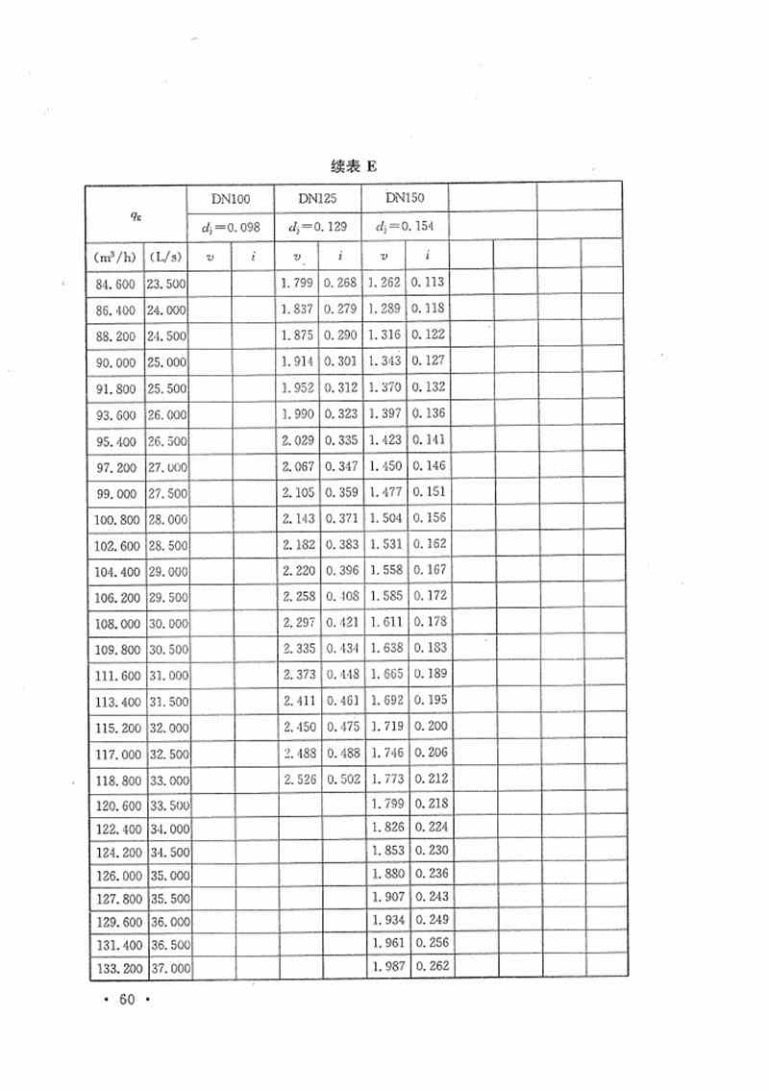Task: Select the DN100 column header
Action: tap(231, 199)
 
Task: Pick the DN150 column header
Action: tap(404, 199)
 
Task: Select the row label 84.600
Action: tap(115, 284)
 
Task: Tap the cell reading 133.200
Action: tap(115, 966)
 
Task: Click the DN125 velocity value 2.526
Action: tap(300, 778)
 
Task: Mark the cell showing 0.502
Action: tap(341, 778)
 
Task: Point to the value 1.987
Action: tap(386, 966)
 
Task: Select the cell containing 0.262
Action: tap(429, 966)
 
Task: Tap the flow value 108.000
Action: tap(115, 622)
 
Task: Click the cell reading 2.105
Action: tap(300, 492)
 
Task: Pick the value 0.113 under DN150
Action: tap(429, 284)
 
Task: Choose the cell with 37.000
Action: tap(167, 966)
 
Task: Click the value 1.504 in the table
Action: tap(386, 518)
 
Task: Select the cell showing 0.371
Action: tap(341, 518)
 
